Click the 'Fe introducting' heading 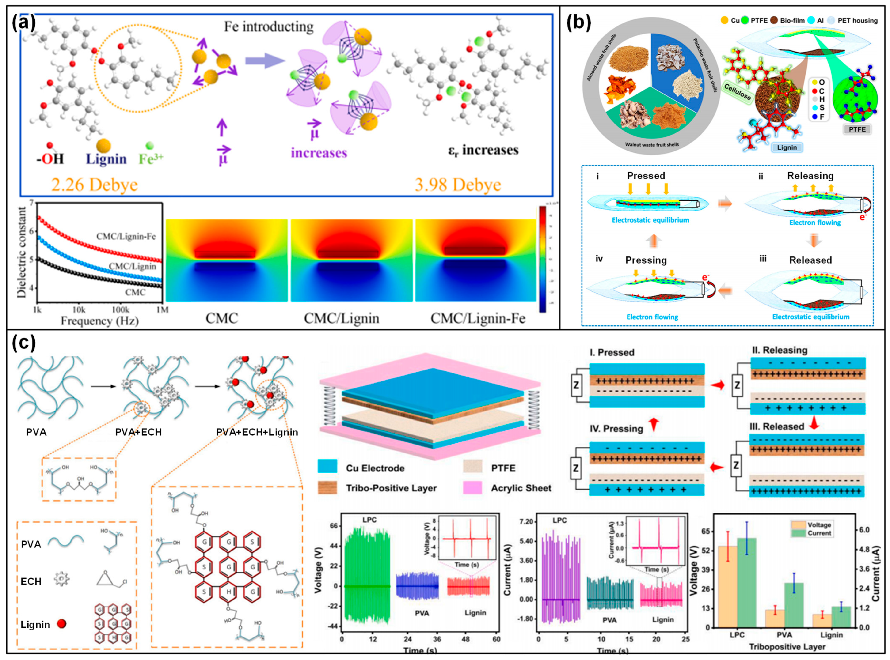point(269,27)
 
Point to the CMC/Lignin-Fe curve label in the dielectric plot point(126,237)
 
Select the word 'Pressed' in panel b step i point(646,176)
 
